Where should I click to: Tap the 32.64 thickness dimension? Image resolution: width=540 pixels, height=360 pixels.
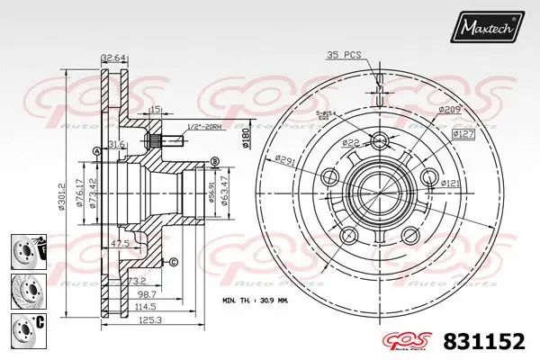112,58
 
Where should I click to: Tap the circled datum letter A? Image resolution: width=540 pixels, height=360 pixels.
95,151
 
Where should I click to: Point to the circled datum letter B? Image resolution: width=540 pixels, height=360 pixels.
214,160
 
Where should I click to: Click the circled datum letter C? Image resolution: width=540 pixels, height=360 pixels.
173,262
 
